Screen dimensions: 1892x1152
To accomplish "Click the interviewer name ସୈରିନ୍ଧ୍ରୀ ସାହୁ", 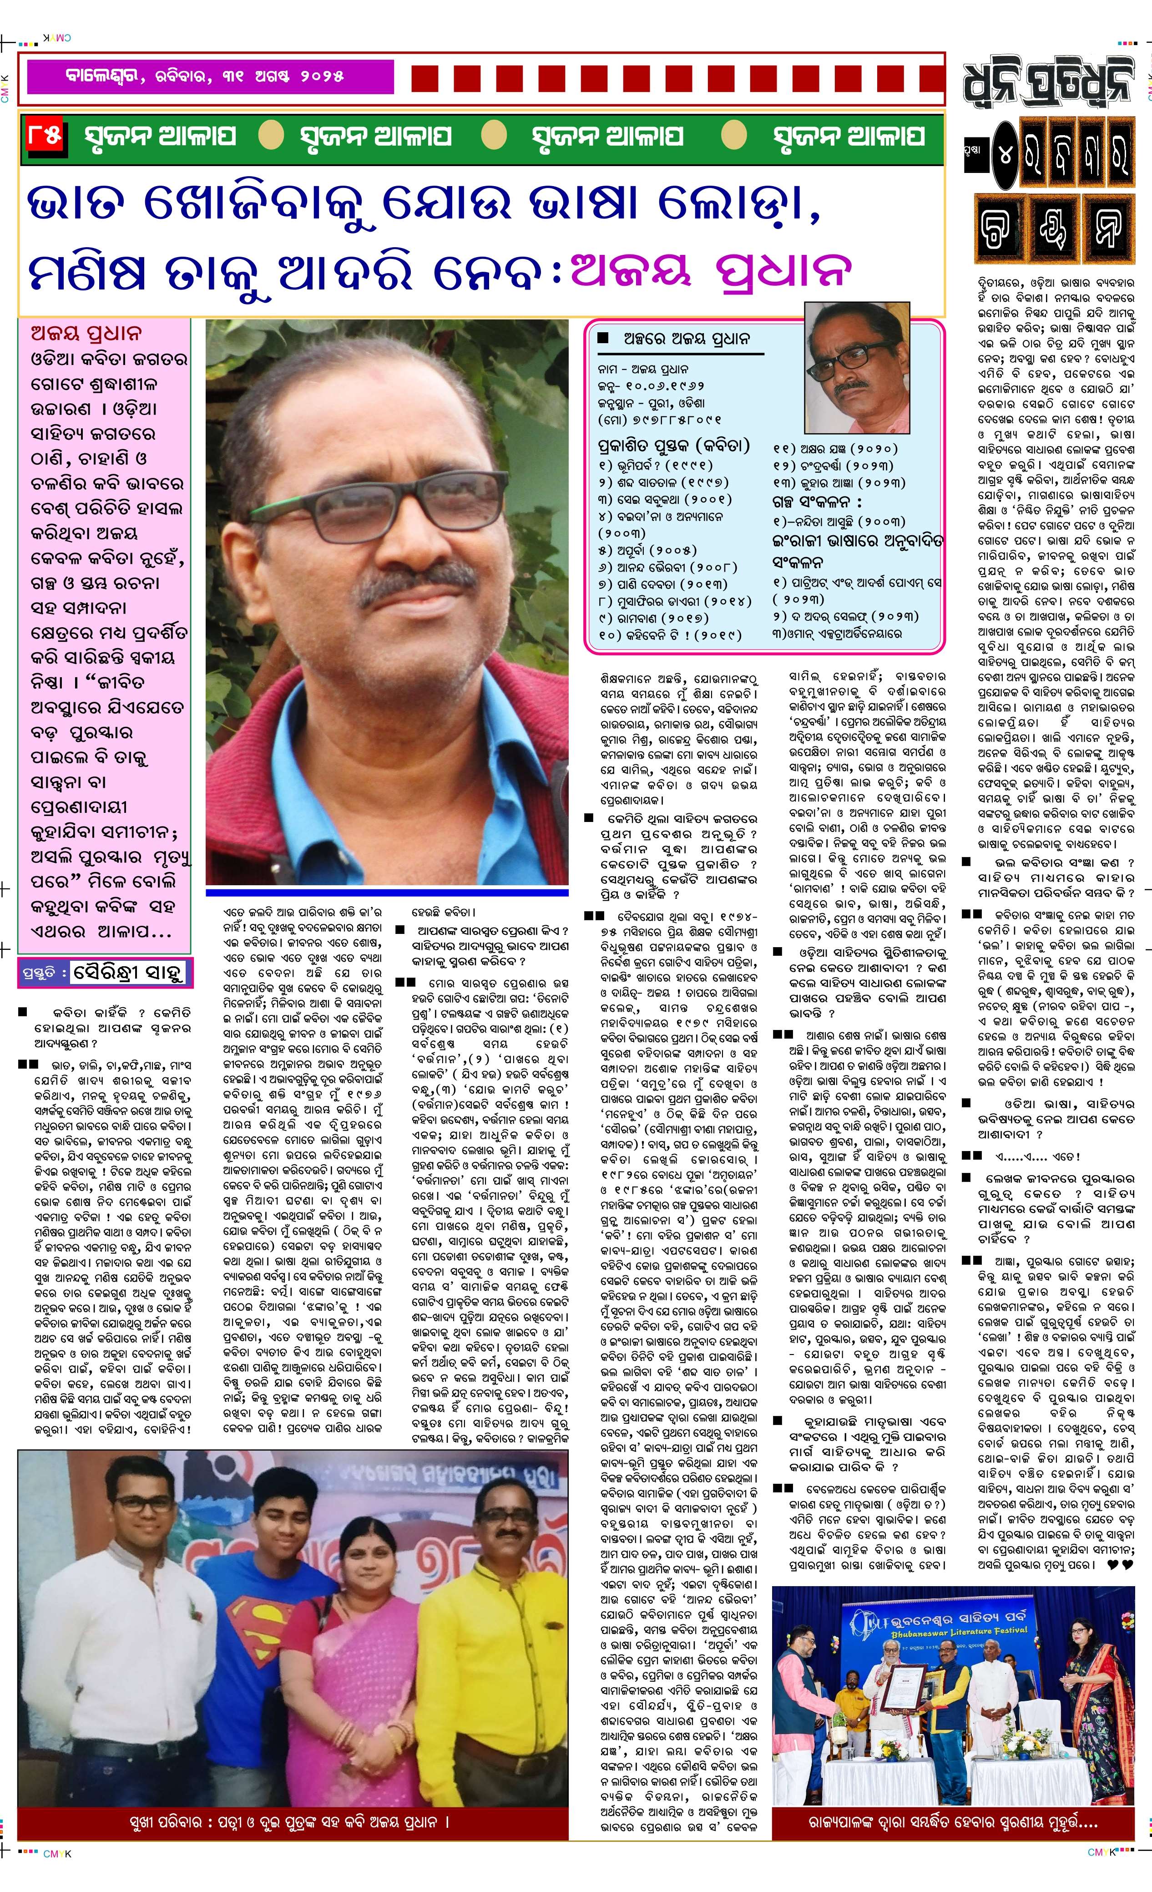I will tap(129, 973).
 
